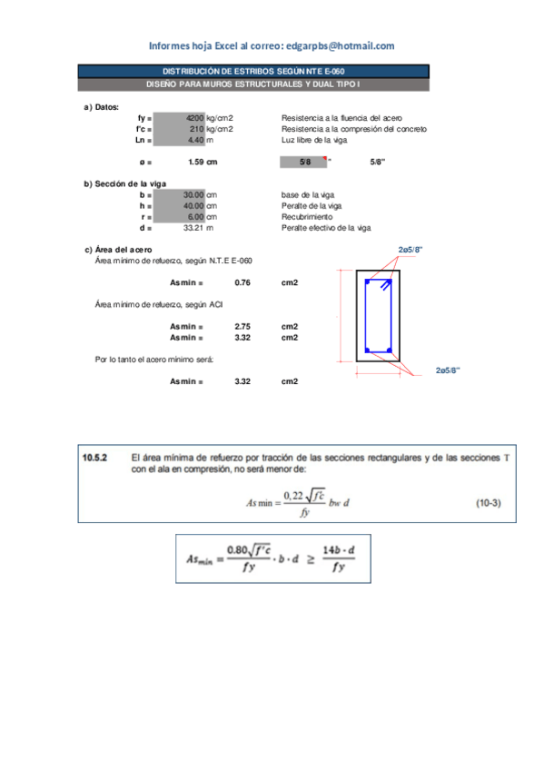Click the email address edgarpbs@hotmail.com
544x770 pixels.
(340, 45)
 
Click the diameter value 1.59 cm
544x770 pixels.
(203, 163)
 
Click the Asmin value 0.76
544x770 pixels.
(242, 283)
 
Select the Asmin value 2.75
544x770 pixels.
(242, 326)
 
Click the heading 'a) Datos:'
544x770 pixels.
(101, 107)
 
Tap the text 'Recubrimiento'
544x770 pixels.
(307, 217)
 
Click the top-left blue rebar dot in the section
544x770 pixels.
(367, 283)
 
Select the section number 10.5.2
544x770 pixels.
(94, 458)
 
